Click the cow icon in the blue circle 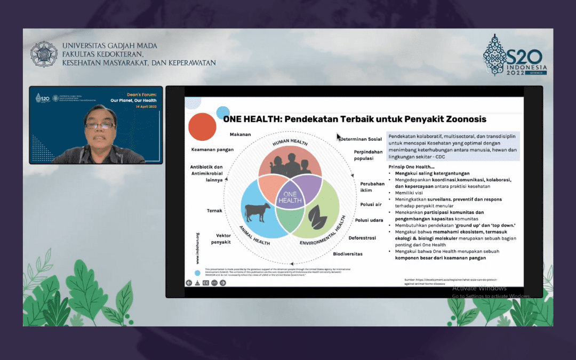[258, 212]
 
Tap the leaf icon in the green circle [318, 216]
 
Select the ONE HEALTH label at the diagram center [289, 197]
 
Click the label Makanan [240, 134]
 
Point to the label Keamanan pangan [212, 150]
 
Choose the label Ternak [214, 211]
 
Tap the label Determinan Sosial [361, 139]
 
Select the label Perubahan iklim [372, 187]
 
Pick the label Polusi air [370, 204]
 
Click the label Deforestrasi [362, 238]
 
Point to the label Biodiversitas [348, 254]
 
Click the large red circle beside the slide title [202, 127]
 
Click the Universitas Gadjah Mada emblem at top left [44, 54]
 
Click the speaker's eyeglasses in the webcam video [100, 126]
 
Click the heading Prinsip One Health [411, 167]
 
